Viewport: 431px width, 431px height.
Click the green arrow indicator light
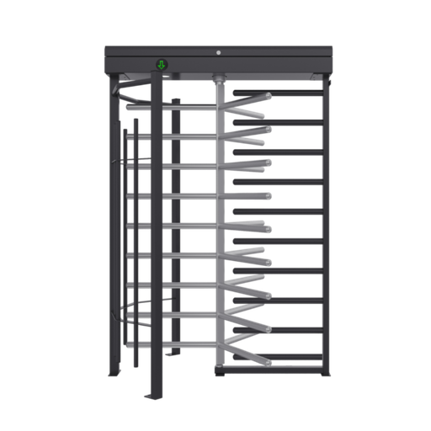(161, 64)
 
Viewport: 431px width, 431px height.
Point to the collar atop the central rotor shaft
(221, 82)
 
